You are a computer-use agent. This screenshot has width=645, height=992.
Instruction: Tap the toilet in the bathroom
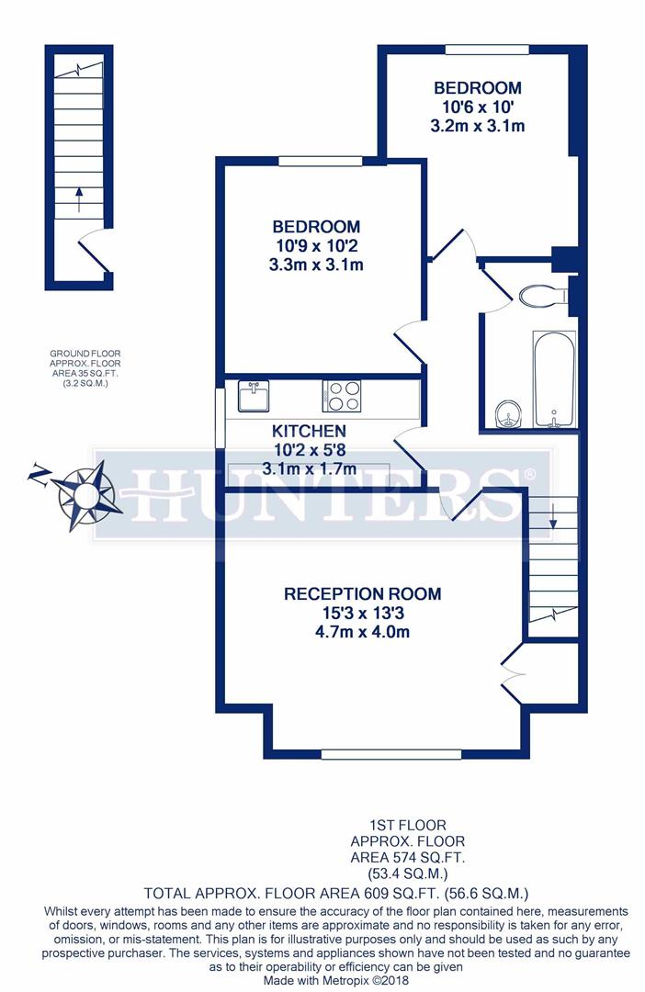pyautogui.click(x=542, y=296)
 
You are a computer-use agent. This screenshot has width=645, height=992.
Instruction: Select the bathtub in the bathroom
pyautogui.click(x=553, y=379)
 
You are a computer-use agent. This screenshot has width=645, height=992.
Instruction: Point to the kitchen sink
pyautogui.click(x=253, y=397)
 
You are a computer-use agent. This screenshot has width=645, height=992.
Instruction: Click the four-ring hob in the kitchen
pyautogui.click(x=342, y=397)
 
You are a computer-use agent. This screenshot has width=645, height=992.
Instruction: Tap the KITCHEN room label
pyautogui.click(x=309, y=431)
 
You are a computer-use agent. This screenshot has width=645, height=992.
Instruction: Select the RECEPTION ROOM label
pyautogui.click(x=362, y=593)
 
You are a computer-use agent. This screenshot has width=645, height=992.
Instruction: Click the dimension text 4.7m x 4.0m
pyautogui.click(x=362, y=632)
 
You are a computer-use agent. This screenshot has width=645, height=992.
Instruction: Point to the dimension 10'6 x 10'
pyautogui.click(x=477, y=107)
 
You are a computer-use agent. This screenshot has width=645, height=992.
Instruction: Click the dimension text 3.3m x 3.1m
pyautogui.click(x=315, y=265)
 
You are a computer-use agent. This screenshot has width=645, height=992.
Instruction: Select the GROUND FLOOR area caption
pyautogui.click(x=85, y=367)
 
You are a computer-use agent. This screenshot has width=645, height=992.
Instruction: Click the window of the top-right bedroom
pyautogui.click(x=487, y=50)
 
